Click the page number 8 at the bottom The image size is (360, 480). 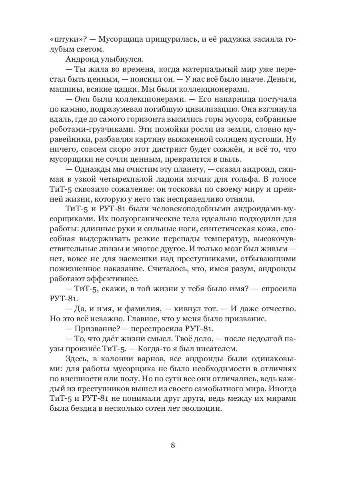[173, 445]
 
